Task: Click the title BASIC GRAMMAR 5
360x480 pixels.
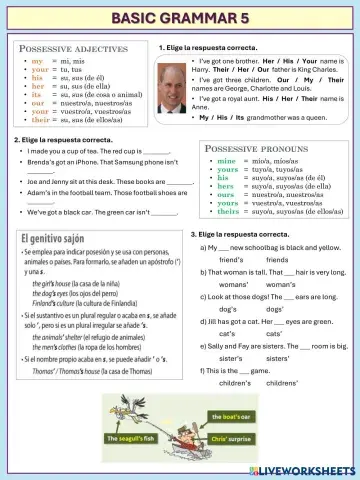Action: [180, 18]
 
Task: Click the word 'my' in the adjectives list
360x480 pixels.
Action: [37, 61]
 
